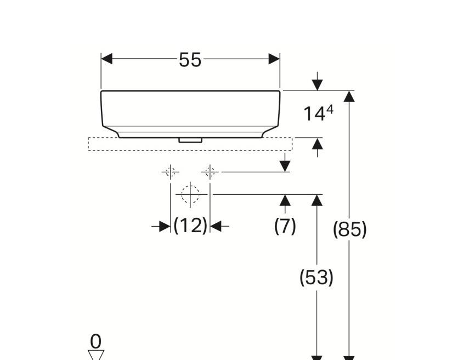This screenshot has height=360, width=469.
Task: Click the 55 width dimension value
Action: pos(190,60)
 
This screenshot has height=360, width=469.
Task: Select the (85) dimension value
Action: pos(349,229)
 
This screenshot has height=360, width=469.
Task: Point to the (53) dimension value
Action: pos(316,278)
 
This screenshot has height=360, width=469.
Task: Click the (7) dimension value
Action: pos(285,225)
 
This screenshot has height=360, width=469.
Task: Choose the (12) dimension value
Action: pos(190,225)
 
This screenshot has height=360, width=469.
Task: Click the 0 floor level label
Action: pos(96,341)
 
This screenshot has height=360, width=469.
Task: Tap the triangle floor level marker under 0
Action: pos(96,355)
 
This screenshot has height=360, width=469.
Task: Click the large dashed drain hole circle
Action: pos(190,194)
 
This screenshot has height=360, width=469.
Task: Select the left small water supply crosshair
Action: pos(170,172)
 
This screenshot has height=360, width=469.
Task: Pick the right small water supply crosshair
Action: pos(210,172)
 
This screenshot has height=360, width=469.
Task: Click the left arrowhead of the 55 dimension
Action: pos(107,59)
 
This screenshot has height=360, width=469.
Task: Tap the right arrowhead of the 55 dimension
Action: pos(274,59)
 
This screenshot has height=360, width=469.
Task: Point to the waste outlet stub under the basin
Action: pos(190,140)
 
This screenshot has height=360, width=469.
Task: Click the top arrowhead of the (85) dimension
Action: pos(349,96)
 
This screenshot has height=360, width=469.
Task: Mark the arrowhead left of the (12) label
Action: pos(165,226)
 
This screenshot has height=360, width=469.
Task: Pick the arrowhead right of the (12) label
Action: pos(216,226)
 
